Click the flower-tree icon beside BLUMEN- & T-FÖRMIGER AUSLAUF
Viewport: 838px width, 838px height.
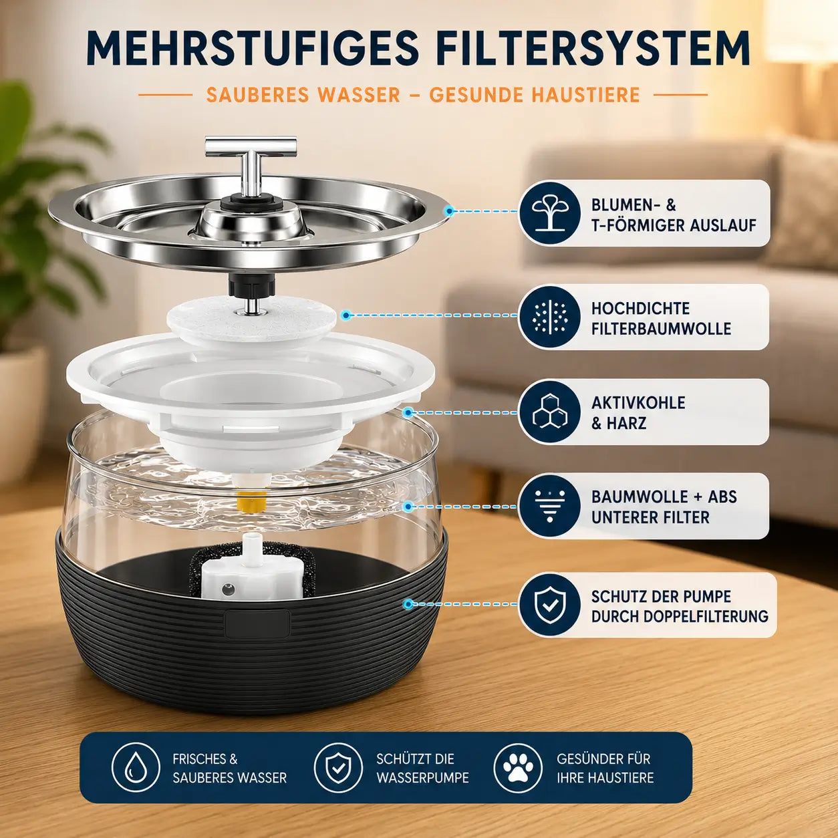[550, 213]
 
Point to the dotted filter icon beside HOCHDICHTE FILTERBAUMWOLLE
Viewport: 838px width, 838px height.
[550, 317]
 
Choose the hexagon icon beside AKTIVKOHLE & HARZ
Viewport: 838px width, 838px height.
[550, 412]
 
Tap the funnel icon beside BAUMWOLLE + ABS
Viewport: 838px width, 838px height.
[550, 506]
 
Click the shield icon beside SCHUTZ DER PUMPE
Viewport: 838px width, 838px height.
[550, 605]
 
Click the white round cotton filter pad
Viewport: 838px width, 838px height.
[252, 321]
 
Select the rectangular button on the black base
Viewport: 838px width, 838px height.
[257, 624]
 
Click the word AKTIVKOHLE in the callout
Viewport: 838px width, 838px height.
[638, 403]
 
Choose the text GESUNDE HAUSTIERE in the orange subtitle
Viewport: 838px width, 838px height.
[535, 95]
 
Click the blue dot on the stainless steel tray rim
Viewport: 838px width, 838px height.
[450, 211]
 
